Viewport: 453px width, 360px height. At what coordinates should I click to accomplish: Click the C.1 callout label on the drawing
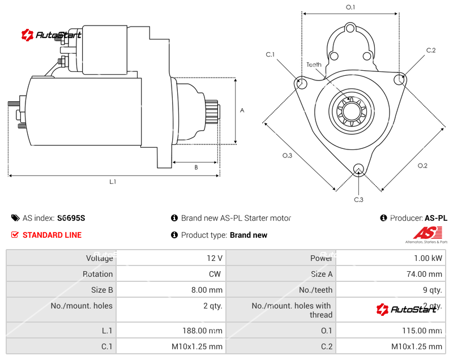pos(270,54)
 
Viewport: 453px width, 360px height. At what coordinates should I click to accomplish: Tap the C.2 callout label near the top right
pos(431,50)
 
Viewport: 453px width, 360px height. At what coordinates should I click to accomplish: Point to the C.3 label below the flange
pos(358,199)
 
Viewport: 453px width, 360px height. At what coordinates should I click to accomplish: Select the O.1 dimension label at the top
pos(351,7)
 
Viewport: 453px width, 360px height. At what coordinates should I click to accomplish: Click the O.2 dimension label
pos(422,165)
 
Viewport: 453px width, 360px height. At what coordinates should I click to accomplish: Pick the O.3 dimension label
pos(287,156)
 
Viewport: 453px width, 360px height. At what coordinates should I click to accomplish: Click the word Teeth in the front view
pos(314,65)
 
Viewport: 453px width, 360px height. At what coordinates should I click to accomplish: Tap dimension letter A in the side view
pos(242,110)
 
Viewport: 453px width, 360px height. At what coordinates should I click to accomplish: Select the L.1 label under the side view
pos(113,182)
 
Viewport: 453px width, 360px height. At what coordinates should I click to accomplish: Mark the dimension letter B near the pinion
pos(196,167)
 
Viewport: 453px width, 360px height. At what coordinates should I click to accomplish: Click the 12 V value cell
pos(215,258)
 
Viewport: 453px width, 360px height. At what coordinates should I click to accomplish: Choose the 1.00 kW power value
pos(430,258)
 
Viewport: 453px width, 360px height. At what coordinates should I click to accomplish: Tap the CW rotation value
pos(216,274)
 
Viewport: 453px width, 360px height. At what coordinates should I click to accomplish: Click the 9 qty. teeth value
pos(432,290)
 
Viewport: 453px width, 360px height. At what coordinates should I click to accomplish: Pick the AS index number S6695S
pos(71,218)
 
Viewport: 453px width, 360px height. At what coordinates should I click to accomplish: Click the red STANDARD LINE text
pos(52,235)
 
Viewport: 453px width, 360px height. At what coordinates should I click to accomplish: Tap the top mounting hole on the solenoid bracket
pos(350,28)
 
